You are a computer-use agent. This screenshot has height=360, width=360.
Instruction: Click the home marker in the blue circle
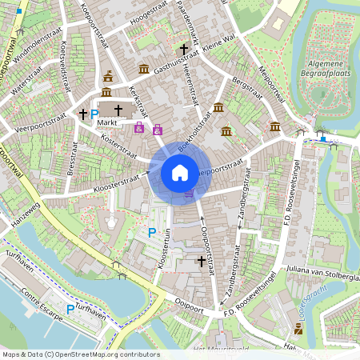click(180, 172)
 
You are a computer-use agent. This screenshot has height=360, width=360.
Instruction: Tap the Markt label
click(107, 123)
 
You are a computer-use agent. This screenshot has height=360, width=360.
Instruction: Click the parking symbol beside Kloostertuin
click(152, 233)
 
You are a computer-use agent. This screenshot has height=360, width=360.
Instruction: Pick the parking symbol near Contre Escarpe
click(70, 309)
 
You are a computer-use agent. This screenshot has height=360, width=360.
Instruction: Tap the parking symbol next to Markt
click(94, 114)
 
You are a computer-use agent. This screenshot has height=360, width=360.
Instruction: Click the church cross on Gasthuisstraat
click(183, 50)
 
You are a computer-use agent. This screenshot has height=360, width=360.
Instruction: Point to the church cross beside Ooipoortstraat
click(201, 261)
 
